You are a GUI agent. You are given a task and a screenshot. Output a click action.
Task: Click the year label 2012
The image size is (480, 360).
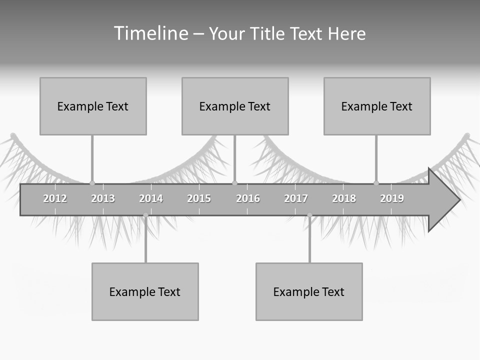(x=55, y=198)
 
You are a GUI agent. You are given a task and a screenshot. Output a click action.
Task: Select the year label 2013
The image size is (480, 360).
(x=103, y=198)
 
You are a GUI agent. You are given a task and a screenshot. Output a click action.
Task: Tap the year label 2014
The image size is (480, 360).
(x=151, y=198)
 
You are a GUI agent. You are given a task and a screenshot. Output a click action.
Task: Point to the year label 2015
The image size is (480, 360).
(x=199, y=198)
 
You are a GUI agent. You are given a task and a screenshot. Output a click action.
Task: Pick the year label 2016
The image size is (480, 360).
(x=248, y=198)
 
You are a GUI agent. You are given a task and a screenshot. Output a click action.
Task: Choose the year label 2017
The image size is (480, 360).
(x=296, y=198)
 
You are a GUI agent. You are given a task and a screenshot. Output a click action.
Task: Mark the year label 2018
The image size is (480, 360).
(x=344, y=198)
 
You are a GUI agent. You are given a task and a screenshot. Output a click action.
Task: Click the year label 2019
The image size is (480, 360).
(x=392, y=198)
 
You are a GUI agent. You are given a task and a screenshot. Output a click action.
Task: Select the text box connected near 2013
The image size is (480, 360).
(x=93, y=106)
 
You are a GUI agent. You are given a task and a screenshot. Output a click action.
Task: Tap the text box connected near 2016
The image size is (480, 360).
(x=235, y=106)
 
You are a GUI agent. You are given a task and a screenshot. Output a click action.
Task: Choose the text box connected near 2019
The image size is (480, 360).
(x=377, y=106)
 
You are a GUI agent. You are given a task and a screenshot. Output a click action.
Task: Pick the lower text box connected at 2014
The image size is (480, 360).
(x=145, y=291)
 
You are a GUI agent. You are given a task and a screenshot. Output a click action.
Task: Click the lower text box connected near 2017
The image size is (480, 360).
(x=309, y=291)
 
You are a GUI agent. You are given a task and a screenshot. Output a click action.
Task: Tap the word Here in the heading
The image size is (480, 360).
(x=346, y=33)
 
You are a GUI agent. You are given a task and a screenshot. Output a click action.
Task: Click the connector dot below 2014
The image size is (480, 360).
(x=145, y=215)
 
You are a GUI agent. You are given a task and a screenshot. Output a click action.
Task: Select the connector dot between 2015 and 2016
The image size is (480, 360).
(x=235, y=183)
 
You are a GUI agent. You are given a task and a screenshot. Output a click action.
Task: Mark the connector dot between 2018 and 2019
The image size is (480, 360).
(x=376, y=183)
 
